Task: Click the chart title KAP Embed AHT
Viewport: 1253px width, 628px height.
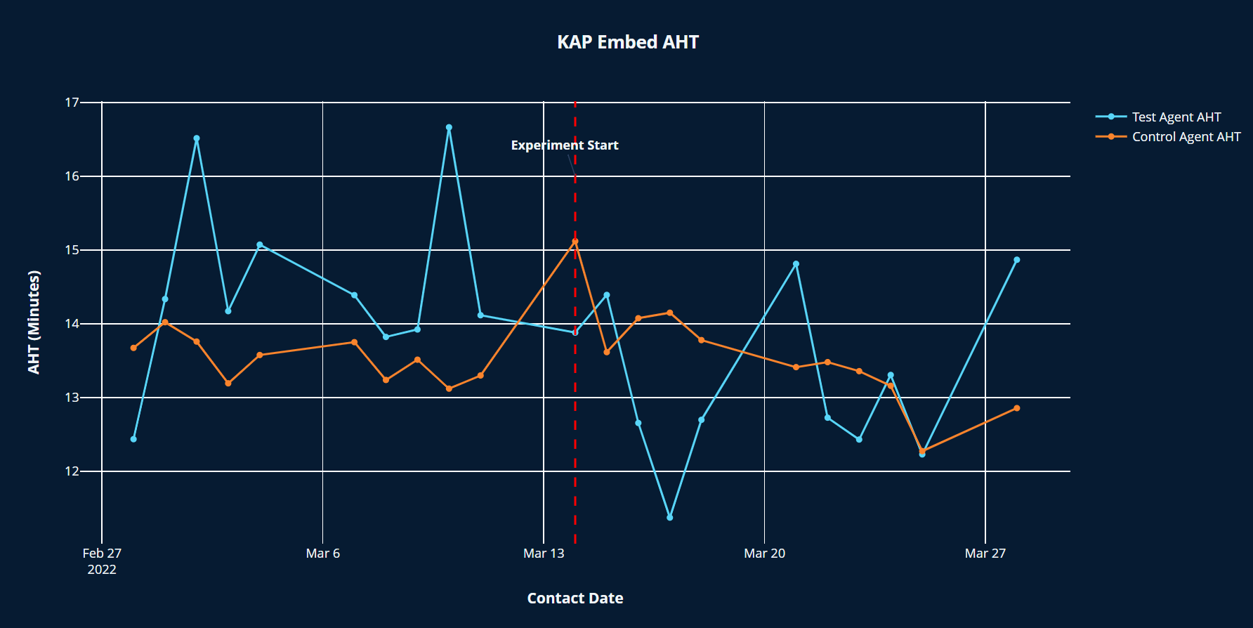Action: [x=627, y=42]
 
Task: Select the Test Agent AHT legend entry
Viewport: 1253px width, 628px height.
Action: [x=1176, y=117]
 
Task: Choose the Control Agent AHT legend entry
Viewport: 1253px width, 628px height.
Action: [x=1186, y=136]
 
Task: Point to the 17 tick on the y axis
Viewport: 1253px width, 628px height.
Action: [x=72, y=103]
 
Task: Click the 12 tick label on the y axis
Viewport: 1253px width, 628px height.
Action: [x=72, y=471]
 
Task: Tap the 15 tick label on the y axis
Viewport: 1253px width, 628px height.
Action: [x=72, y=250]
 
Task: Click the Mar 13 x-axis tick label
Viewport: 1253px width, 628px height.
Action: [x=544, y=554]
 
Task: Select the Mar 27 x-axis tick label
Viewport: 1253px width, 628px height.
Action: [x=985, y=554]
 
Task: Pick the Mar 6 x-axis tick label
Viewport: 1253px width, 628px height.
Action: [x=322, y=554]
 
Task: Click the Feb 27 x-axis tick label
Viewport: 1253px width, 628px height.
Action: [x=102, y=554]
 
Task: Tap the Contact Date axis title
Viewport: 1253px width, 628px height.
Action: [x=575, y=598]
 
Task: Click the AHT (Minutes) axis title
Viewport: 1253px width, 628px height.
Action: [x=34, y=322]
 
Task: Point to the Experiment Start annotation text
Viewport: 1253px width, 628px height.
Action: [x=564, y=145]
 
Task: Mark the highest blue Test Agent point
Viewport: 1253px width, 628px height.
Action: [x=449, y=128]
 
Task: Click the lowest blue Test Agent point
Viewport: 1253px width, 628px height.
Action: [x=669, y=518]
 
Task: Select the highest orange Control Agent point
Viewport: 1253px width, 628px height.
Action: [x=575, y=242]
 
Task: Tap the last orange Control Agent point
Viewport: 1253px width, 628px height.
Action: [x=1016, y=408]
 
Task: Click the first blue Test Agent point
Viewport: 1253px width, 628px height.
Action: [x=133, y=439]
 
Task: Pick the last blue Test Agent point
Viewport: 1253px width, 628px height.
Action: [x=1016, y=260]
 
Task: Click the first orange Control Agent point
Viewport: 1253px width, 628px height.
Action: [x=133, y=348]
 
